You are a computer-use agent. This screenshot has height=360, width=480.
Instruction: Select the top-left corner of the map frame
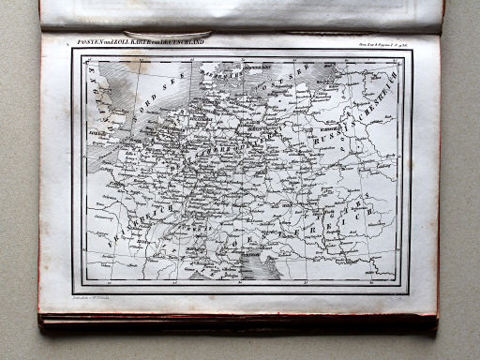tap(72, 50)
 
